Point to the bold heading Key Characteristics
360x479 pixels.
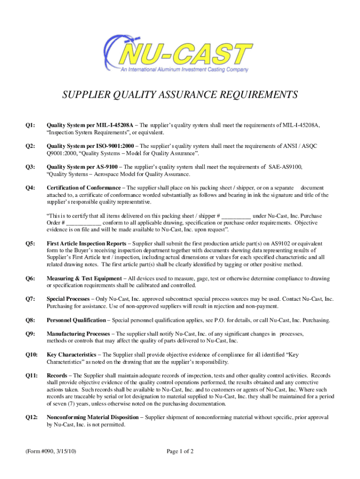pyautogui.click(x=72, y=355)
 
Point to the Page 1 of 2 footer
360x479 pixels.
pyautogui.click(x=180, y=451)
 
